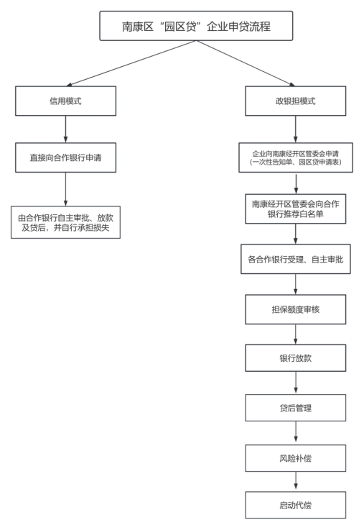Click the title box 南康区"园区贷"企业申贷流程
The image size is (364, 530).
pyautogui.click(x=196, y=26)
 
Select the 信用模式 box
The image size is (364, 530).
pyautogui.click(x=66, y=101)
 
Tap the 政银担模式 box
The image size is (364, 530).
pyautogui.click(x=296, y=101)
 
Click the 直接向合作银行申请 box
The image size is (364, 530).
pyautogui.click(x=66, y=157)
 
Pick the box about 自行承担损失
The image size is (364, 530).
pyautogui.click(x=66, y=222)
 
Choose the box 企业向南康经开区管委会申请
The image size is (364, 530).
pyautogui.click(x=296, y=157)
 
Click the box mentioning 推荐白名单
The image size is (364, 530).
pyautogui.click(x=296, y=209)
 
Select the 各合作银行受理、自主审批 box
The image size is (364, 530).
pyautogui.click(x=296, y=259)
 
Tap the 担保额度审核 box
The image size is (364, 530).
pyautogui.click(x=296, y=309)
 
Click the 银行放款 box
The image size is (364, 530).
pyautogui.click(x=296, y=358)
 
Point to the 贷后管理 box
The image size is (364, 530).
pyautogui.click(x=296, y=408)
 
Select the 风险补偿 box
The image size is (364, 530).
pyautogui.click(x=296, y=458)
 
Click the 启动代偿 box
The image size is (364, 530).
pyautogui.click(x=296, y=505)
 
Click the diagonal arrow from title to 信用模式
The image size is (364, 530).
pyautogui.click(x=131, y=63)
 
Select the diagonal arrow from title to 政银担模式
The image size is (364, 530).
pyautogui.click(x=246, y=63)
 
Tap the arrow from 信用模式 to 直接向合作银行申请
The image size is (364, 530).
pyautogui.click(x=66, y=129)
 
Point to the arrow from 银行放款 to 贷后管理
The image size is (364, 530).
pyautogui.click(x=296, y=383)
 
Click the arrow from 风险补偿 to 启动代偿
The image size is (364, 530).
pyautogui.click(x=296, y=482)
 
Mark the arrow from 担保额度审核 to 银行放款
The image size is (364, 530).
pyautogui.click(x=296, y=334)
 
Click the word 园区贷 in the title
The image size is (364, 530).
pyautogui.click(x=180, y=26)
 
